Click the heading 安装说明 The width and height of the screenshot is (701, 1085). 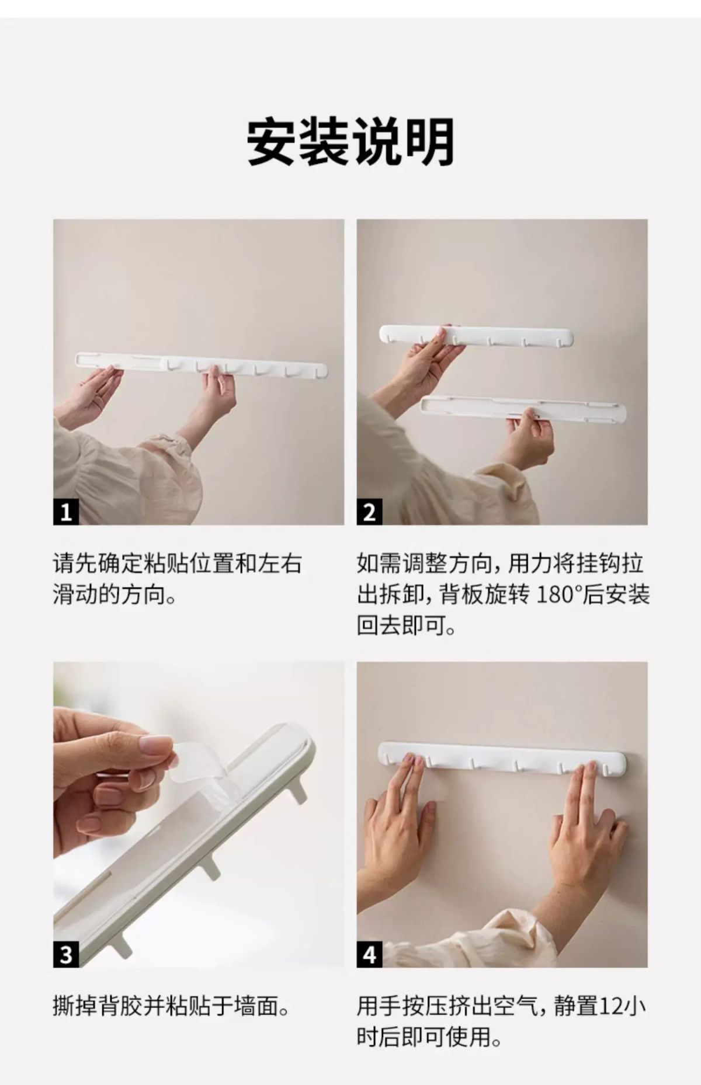tap(350, 142)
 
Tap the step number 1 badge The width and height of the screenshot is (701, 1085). tap(66, 512)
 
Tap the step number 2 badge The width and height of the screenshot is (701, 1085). tap(369, 512)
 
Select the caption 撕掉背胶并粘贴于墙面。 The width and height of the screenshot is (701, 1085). tap(171, 1007)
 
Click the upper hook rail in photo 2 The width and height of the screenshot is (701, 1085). tap(476, 336)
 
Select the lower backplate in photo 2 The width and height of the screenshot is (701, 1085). tap(523, 408)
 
